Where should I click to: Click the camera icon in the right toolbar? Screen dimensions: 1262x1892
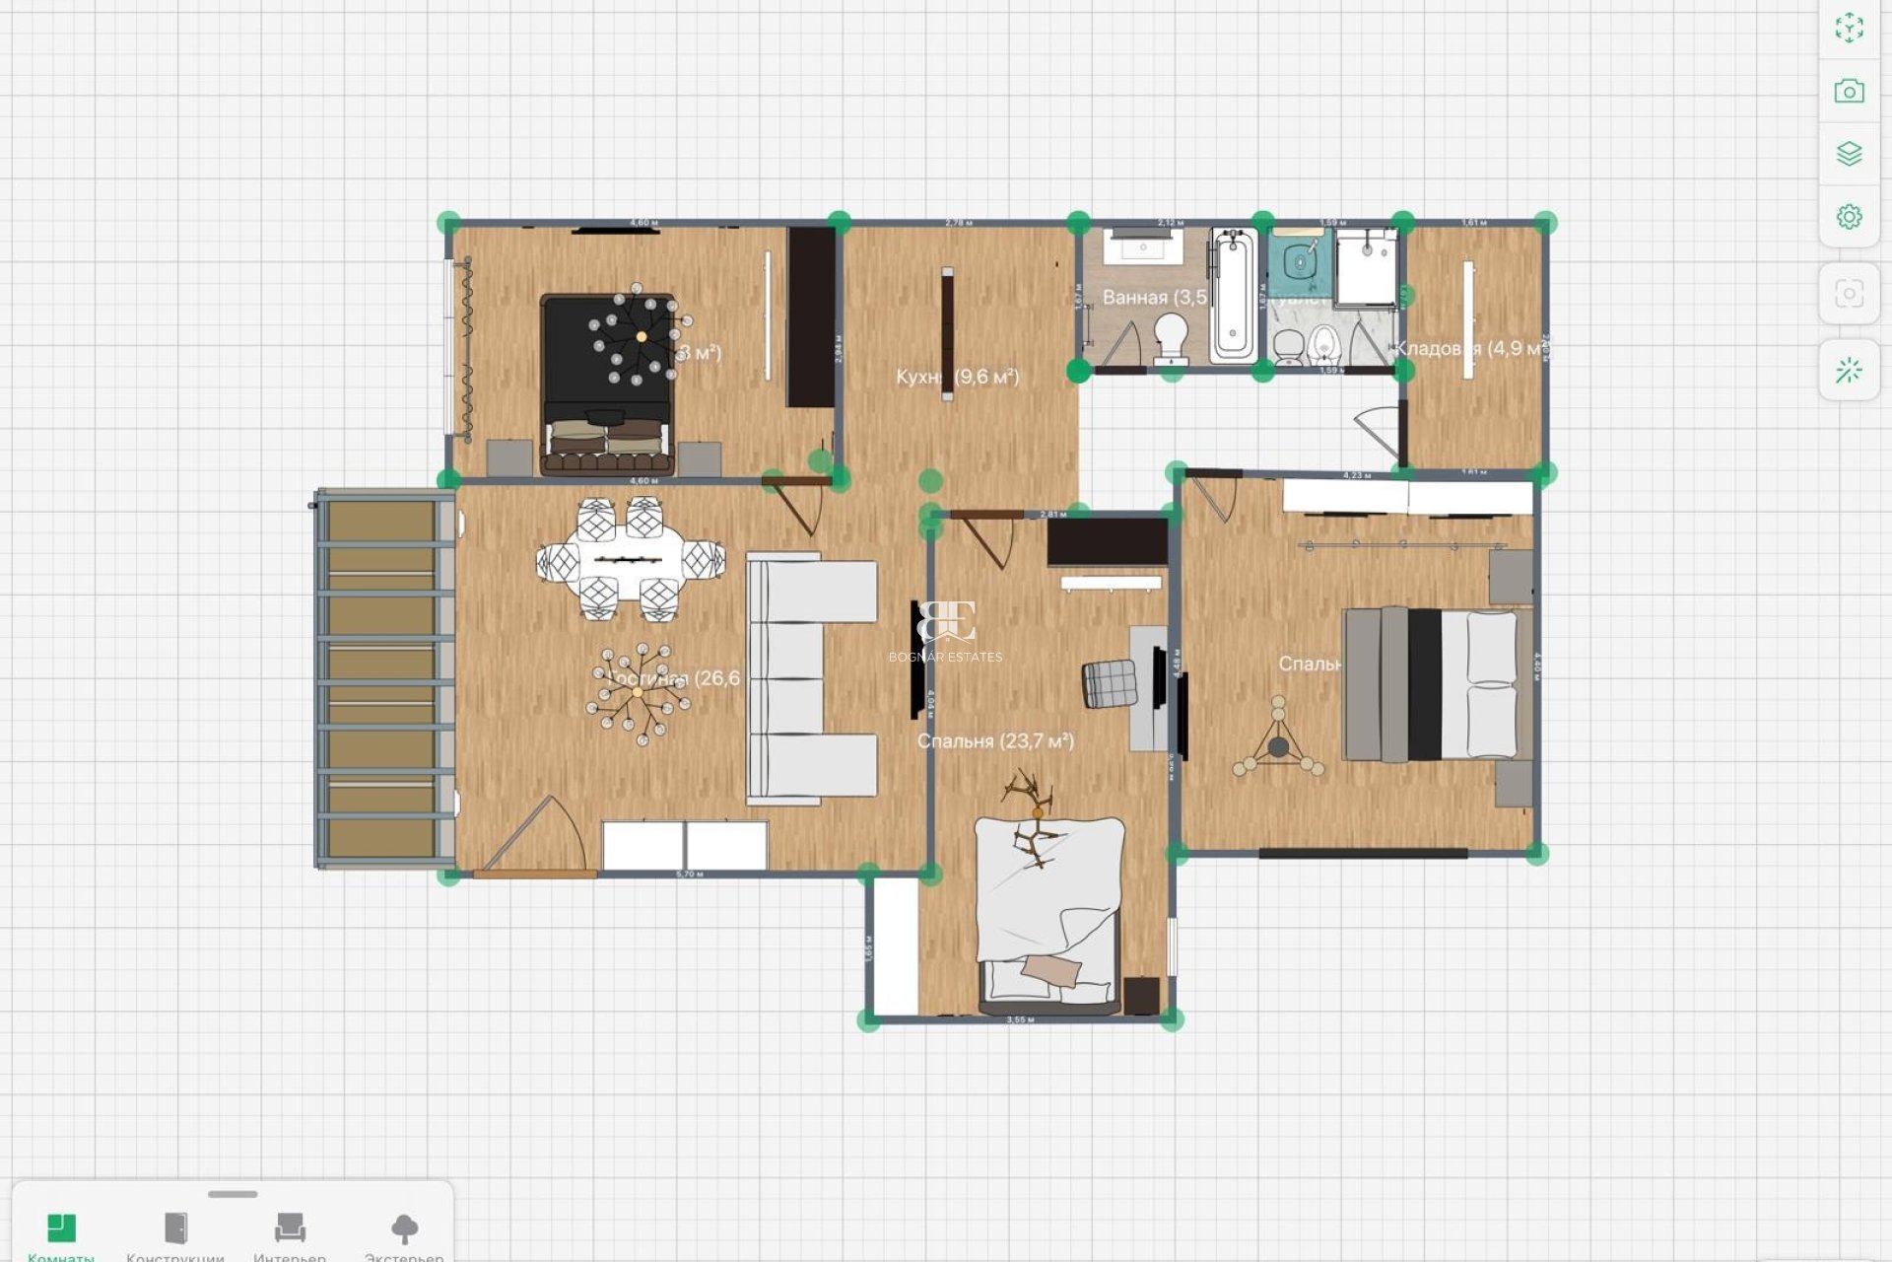pyautogui.click(x=1849, y=92)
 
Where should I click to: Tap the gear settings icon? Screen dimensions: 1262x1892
pyautogui.click(x=1849, y=216)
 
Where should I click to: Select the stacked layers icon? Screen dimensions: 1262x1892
pyautogui.click(x=1849, y=154)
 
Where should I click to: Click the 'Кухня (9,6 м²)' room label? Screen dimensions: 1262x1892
pyautogui.click(x=957, y=377)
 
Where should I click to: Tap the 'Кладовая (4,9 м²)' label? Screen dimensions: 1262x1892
pyautogui.click(x=1469, y=348)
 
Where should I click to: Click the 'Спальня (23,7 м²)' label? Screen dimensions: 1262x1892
pyautogui.click(x=995, y=740)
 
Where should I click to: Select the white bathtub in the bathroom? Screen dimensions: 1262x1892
pyautogui.click(x=1233, y=295)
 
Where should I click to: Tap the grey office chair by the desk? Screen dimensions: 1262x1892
pyautogui.click(x=1110, y=683)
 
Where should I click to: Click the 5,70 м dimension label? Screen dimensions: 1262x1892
pyautogui.click(x=690, y=874)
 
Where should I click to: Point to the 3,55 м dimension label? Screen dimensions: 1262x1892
pyautogui.click(x=1020, y=1019)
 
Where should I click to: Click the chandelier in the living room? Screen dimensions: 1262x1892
pyautogui.click(x=638, y=692)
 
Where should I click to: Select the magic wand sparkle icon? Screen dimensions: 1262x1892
pyautogui.click(x=1849, y=371)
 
